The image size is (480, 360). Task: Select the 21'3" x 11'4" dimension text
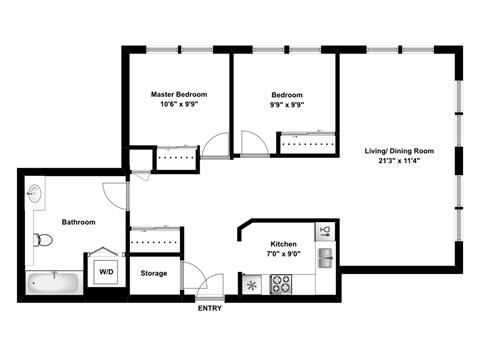tap(398, 161)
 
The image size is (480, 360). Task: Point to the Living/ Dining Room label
tap(398, 150)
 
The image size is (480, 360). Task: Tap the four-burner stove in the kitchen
tap(281, 284)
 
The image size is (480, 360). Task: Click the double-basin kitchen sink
tap(326, 258)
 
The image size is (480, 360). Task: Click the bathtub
tap(53, 284)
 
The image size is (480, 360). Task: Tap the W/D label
tap(104, 271)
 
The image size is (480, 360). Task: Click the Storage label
tap(153, 272)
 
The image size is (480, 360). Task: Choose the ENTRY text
tap(210, 307)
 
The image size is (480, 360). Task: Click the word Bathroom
tap(78, 222)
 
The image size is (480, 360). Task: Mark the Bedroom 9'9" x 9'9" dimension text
tap(286, 105)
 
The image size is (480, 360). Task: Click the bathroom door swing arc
tap(114, 194)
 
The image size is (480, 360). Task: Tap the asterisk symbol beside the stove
tap(252, 285)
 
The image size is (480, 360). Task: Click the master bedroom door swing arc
tap(212, 141)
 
